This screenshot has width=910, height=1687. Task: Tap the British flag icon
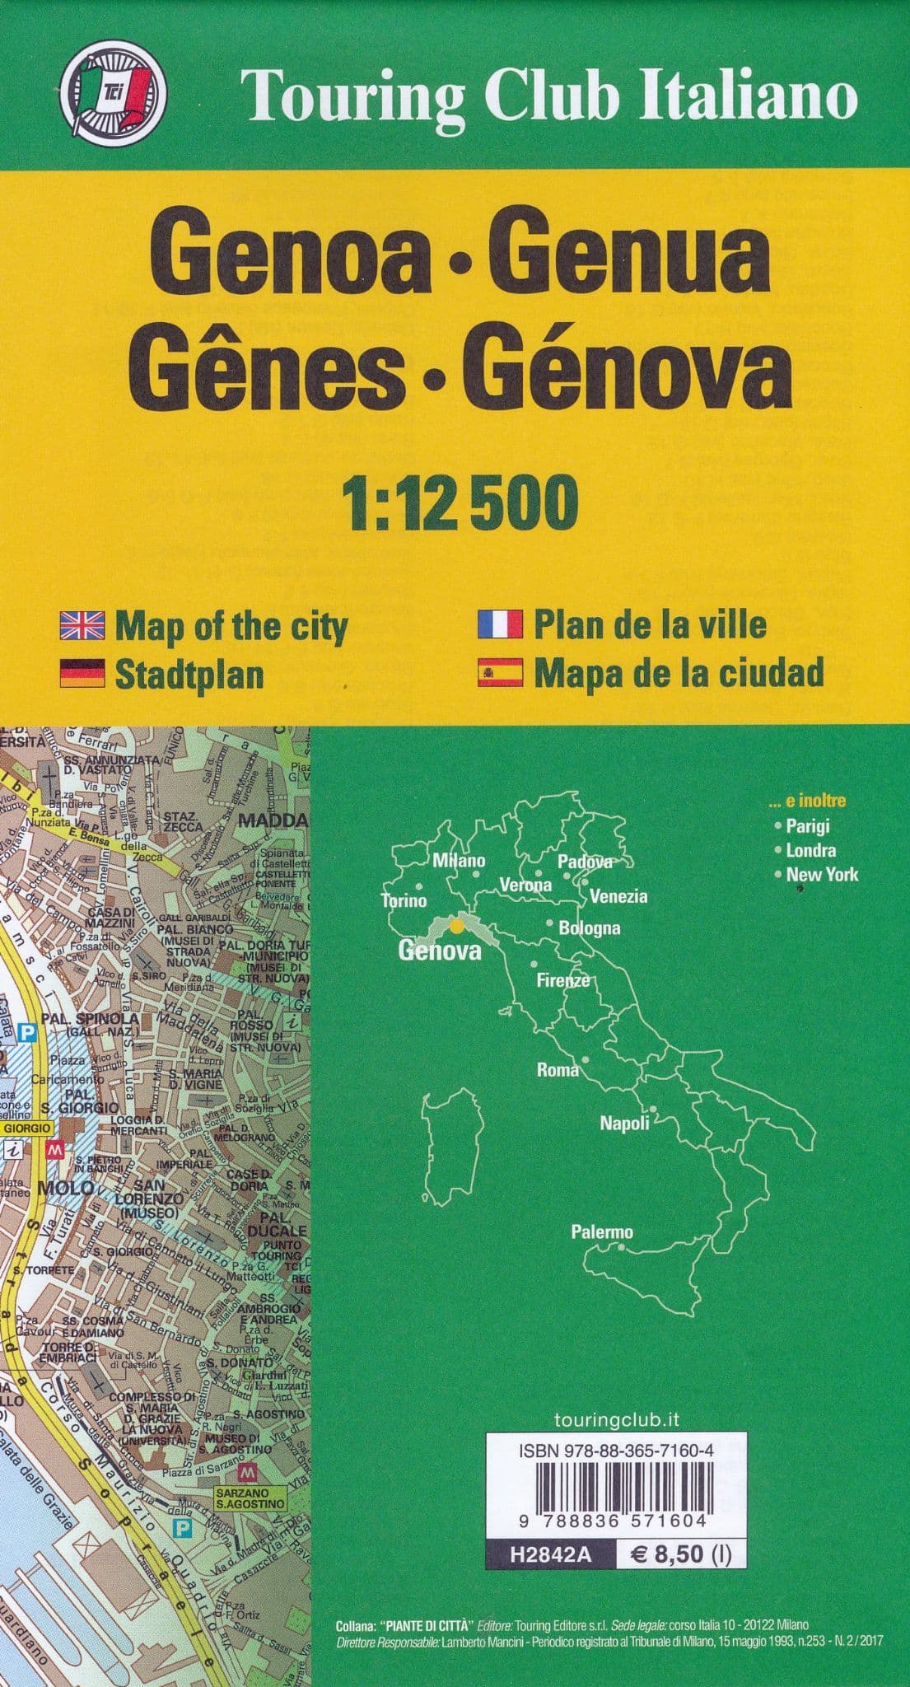click(82, 627)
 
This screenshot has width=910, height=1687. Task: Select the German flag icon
click(82, 673)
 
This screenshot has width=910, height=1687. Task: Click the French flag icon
click(500, 625)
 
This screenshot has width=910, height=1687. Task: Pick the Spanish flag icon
click(500, 673)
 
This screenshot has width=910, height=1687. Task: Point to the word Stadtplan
click(189, 675)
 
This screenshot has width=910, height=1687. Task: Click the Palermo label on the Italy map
click(602, 1232)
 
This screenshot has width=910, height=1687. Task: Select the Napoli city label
click(624, 1123)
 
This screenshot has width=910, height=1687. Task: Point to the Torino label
click(404, 900)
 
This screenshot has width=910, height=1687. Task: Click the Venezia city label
click(618, 896)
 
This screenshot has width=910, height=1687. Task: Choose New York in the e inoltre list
click(821, 875)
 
